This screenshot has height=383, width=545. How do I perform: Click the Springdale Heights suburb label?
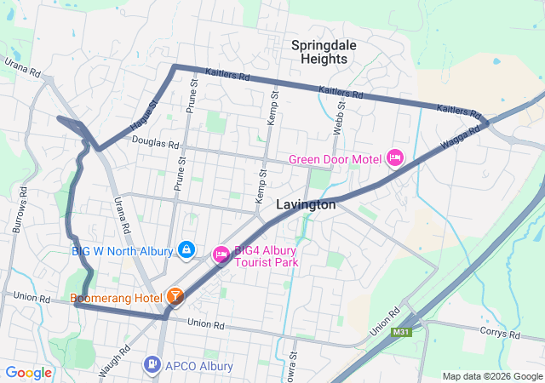pyautogui.click(x=319, y=51)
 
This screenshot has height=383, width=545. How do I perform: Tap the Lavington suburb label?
pyautogui.click(x=306, y=205)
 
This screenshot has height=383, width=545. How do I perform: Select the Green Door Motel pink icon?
pyautogui.click(x=394, y=157)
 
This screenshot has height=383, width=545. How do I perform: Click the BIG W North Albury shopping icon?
pyautogui.click(x=187, y=250)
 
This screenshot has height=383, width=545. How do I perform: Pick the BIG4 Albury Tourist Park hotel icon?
pyautogui.click(x=221, y=254)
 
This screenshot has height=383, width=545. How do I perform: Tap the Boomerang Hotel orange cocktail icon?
pyautogui.click(x=175, y=297)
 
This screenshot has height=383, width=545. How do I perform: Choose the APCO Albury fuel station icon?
pyautogui.click(x=152, y=365)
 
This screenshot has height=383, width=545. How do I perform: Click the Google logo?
pyautogui.click(x=29, y=372)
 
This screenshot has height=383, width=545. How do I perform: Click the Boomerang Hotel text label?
pyautogui.click(x=116, y=298)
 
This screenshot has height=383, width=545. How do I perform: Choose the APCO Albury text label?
pyautogui.click(x=198, y=366)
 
